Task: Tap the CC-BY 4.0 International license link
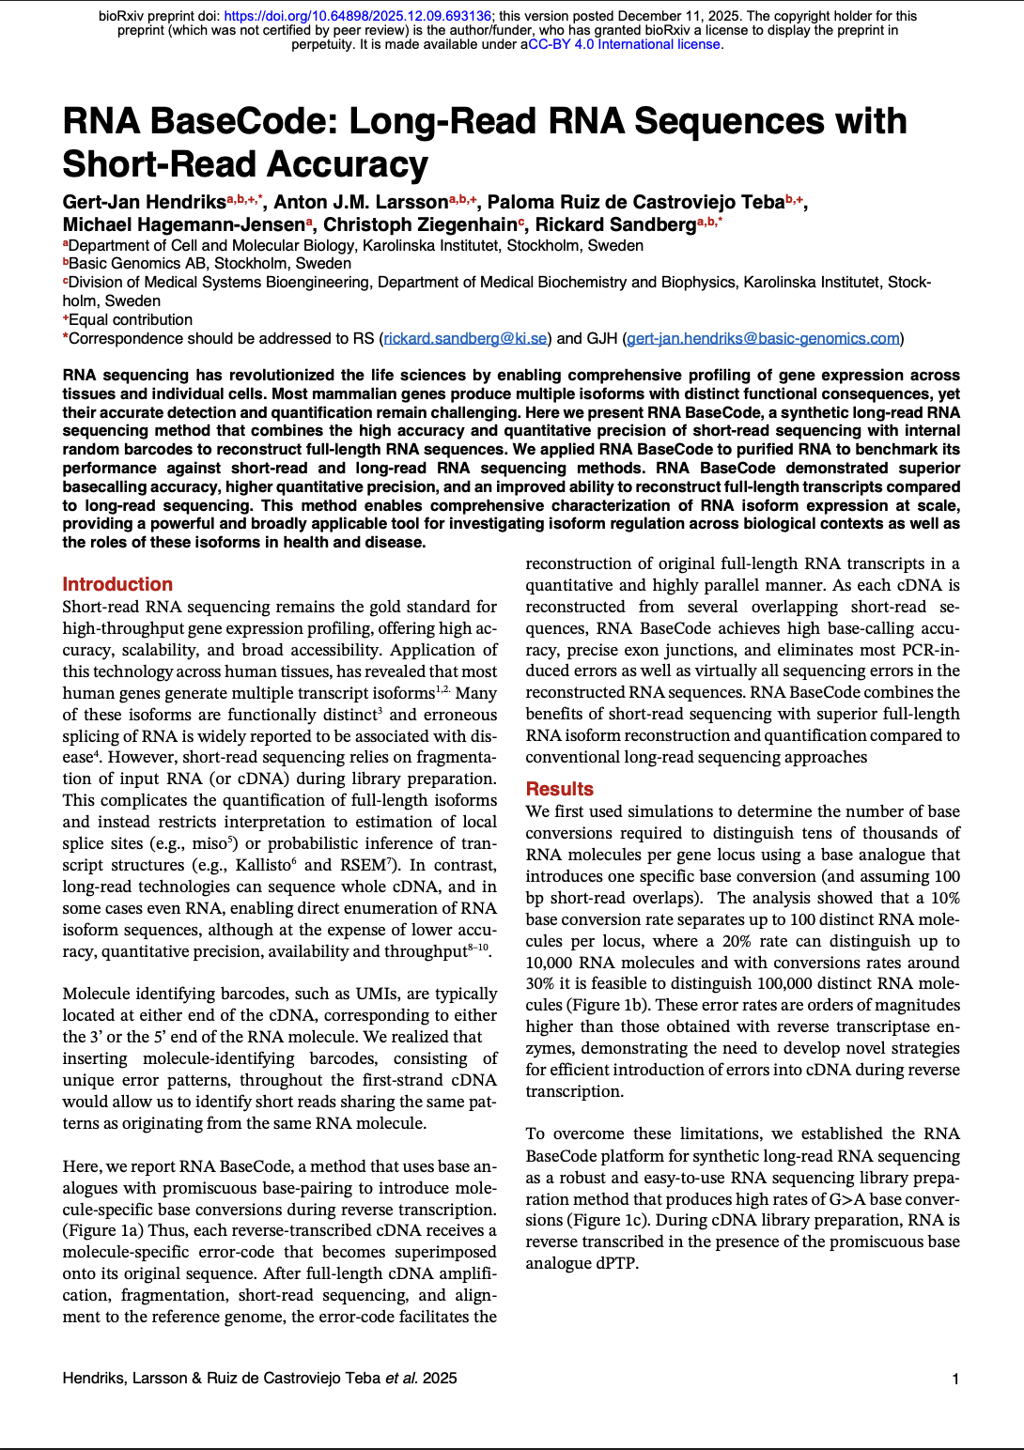(x=625, y=44)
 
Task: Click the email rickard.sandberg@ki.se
(x=465, y=338)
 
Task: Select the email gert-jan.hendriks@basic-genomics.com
(x=763, y=338)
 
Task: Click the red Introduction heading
(x=117, y=584)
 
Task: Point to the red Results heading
(x=559, y=789)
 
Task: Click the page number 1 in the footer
(x=955, y=1379)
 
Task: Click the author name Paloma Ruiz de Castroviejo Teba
(x=636, y=202)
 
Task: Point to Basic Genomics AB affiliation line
(x=207, y=264)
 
